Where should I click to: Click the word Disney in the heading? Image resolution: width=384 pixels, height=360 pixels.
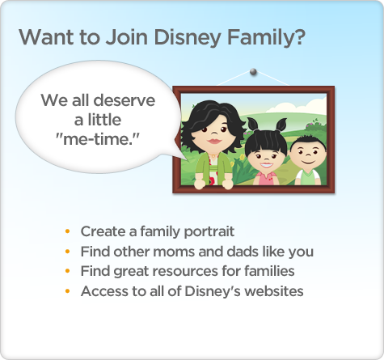[188, 37]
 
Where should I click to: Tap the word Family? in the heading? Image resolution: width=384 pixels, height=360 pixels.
[266, 37]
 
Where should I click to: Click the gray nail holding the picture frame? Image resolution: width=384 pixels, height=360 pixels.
[253, 72]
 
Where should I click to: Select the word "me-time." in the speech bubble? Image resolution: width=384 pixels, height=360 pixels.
[97, 139]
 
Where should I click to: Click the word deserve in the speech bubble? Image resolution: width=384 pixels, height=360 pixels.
[124, 100]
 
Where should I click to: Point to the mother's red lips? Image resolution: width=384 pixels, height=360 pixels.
[214, 141]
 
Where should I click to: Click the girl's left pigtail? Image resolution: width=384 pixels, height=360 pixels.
[253, 124]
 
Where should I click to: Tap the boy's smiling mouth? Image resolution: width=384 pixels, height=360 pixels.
[308, 162]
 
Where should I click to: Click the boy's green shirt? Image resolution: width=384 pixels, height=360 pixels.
[308, 177]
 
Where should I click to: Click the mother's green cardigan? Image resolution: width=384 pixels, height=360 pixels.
[213, 168]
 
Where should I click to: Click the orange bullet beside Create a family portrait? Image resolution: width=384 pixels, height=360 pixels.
[67, 231]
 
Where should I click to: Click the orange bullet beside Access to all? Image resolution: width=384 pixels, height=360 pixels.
[67, 291]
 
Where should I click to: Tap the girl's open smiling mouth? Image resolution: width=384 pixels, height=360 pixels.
[266, 165]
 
